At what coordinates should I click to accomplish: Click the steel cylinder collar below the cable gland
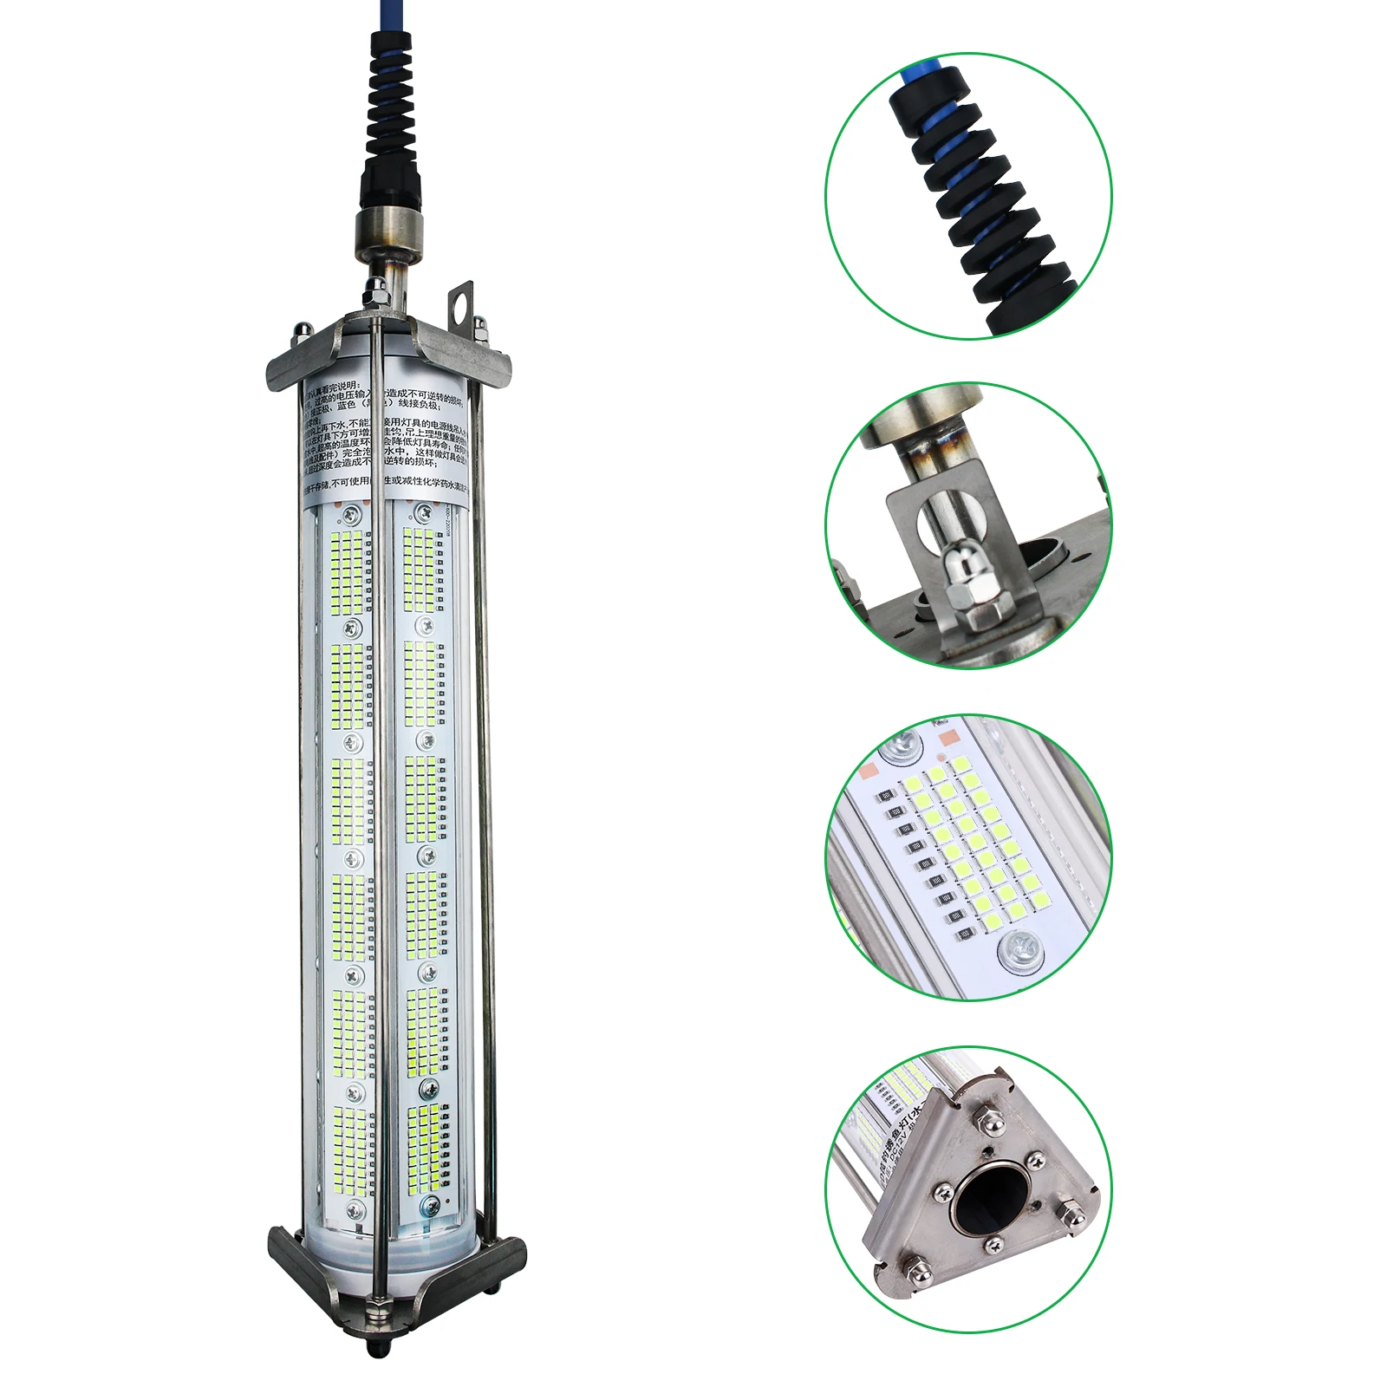[389, 229]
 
